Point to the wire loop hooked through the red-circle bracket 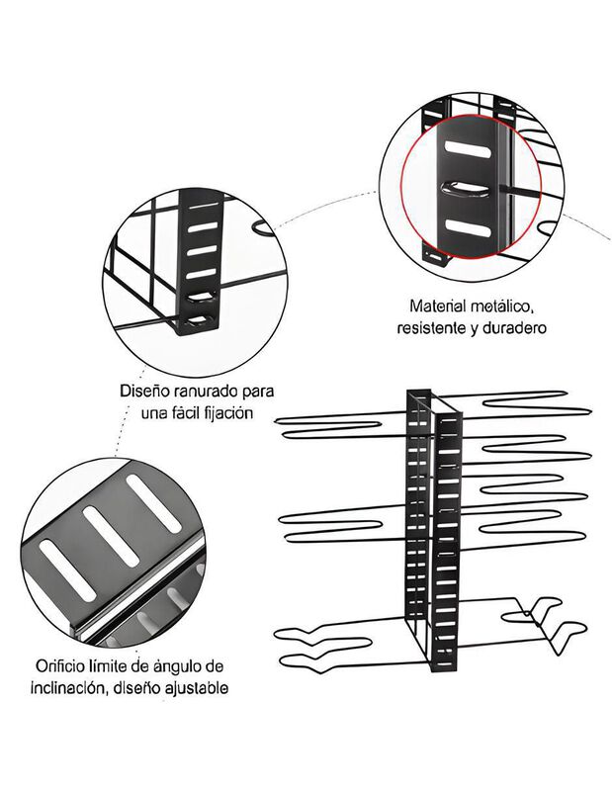click(x=465, y=190)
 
